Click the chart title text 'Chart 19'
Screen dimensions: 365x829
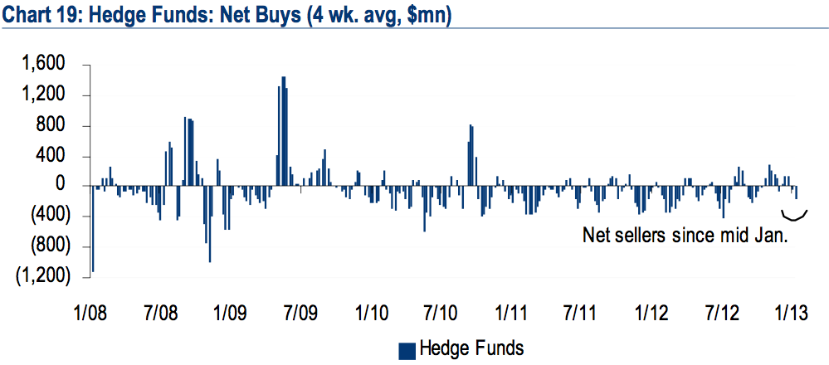41,16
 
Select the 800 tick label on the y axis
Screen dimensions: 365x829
52,126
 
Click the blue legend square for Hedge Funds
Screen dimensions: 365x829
407,349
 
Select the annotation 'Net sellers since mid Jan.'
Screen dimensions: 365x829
684,236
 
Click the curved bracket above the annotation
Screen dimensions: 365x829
795,217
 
